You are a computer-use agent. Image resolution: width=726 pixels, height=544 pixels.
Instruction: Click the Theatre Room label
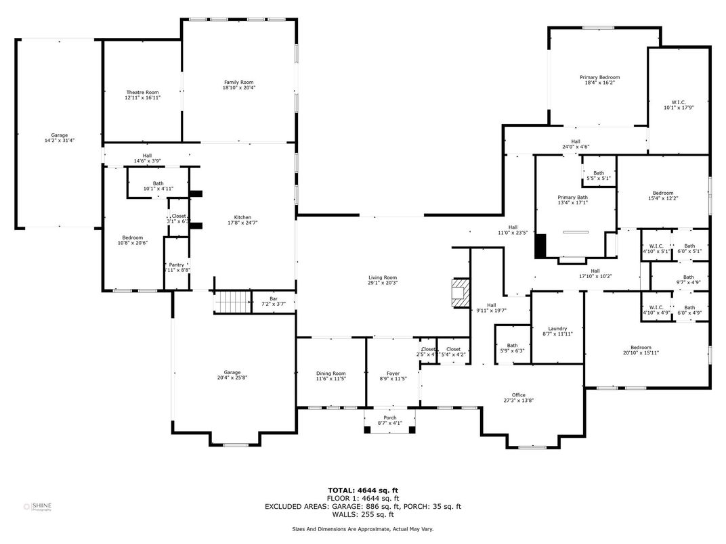click(142, 93)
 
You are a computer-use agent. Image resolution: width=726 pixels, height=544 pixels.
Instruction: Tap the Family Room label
click(239, 82)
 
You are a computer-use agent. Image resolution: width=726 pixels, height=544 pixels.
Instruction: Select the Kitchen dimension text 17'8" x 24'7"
click(242, 223)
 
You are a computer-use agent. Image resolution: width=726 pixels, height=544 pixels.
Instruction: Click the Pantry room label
click(176, 265)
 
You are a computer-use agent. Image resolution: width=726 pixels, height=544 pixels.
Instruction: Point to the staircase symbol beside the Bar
click(232, 302)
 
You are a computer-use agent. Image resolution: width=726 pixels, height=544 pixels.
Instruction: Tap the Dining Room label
click(330, 373)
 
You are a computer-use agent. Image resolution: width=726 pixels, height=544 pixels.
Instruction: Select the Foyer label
click(393, 373)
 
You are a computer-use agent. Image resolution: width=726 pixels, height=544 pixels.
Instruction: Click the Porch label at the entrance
click(390, 417)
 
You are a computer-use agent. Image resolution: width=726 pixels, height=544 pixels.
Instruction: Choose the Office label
click(519, 395)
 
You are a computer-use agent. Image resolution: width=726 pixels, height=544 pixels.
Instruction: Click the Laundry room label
click(557, 328)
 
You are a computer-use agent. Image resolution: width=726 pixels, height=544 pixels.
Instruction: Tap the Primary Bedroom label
click(599, 77)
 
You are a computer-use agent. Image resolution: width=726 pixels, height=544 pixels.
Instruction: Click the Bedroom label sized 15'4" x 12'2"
click(662, 193)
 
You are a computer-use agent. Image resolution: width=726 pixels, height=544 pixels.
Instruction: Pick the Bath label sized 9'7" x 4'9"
click(688, 277)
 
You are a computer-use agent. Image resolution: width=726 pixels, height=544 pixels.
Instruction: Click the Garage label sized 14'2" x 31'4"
click(60, 135)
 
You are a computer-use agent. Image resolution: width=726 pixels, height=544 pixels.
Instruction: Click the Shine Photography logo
click(37, 506)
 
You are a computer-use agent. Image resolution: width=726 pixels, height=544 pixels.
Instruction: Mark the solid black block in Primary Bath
click(540, 246)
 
